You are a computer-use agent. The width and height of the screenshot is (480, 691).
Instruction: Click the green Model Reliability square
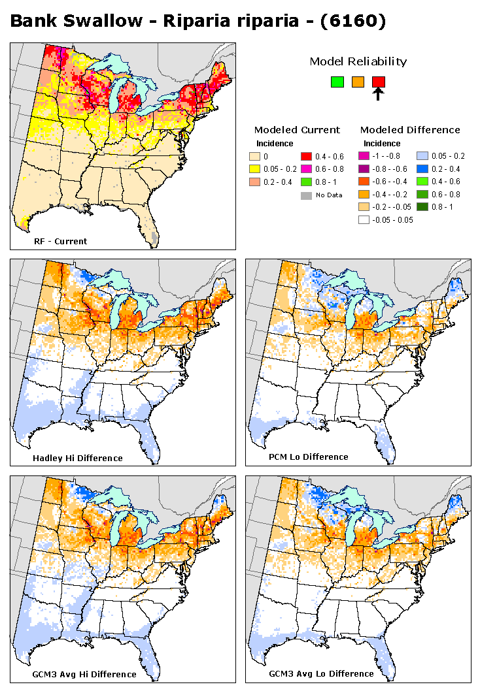click(337, 82)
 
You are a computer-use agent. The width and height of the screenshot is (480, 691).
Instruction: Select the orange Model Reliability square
click(358, 82)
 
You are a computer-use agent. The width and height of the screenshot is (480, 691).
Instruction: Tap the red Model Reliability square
click(378, 82)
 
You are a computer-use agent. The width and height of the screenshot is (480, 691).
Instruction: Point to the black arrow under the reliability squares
click(378, 95)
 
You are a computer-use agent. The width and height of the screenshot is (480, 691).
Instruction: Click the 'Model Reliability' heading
click(358, 61)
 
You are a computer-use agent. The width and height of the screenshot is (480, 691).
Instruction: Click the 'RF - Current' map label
click(60, 241)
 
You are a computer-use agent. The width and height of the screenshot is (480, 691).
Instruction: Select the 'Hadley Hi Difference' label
click(77, 458)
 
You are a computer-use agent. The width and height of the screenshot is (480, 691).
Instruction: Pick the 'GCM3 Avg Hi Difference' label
click(84, 674)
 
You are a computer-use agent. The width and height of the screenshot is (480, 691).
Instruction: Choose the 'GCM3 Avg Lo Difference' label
click(321, 673)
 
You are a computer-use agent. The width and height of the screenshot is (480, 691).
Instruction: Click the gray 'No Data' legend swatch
click(305, 195)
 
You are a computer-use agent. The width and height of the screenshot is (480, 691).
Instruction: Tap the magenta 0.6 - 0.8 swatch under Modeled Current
click(305, 169)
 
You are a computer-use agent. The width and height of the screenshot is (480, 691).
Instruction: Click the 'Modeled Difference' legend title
click(410, 129)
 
